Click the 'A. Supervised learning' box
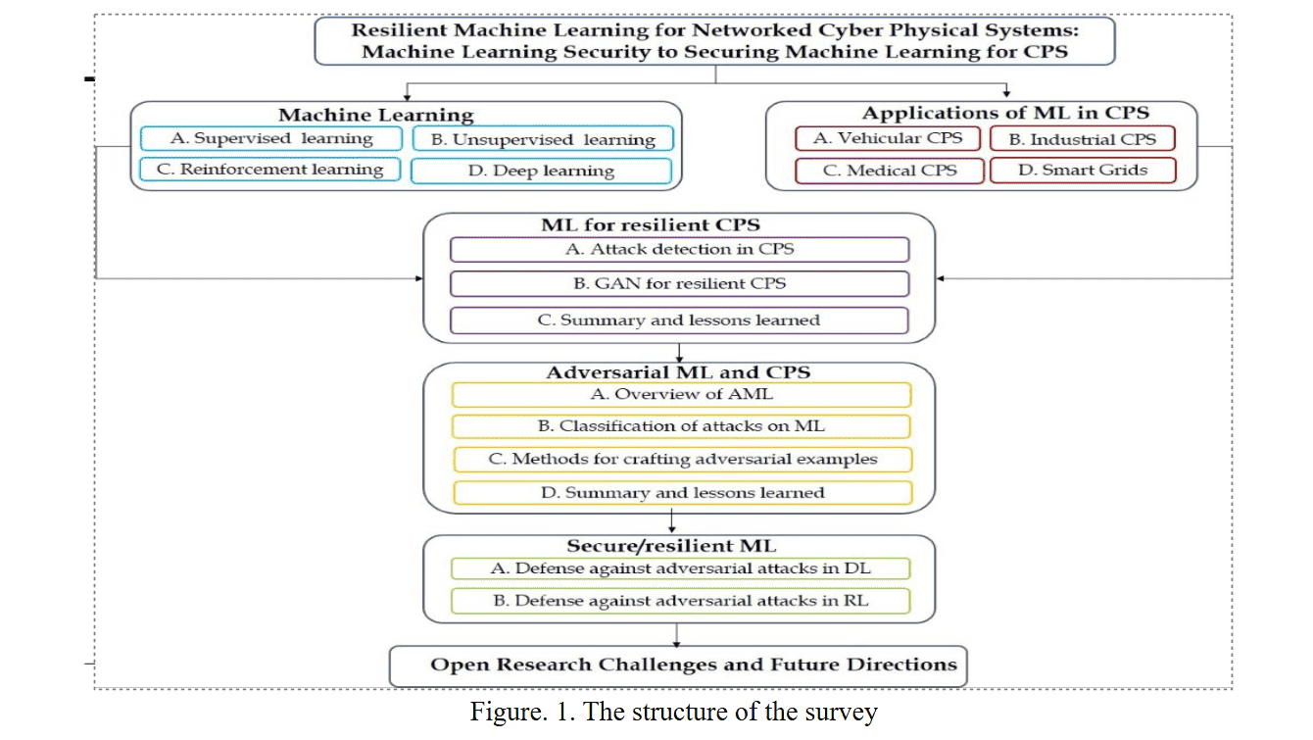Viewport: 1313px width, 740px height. click(271, 138)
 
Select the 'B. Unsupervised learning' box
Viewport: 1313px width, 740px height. click(543, 139)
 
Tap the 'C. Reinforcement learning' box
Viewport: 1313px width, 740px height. click(270, 170)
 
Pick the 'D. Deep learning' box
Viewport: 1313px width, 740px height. click(541, 171)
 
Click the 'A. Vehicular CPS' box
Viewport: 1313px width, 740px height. click(888, 138)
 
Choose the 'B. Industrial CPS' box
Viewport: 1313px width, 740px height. click(1082, 139)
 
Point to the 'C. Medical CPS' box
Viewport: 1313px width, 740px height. click(889, 171)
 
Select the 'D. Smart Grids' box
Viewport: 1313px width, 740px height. click(1082, 171)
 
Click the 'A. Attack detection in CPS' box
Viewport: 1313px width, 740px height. click(679, 249)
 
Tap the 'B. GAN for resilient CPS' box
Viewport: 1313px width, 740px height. click(679, 284)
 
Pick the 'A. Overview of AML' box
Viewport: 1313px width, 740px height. click(681, 394)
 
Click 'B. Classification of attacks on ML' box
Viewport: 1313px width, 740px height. click(681, 426)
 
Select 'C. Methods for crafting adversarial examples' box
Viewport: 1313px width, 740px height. click(681, 459)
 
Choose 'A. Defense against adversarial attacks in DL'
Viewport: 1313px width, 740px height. click(680, 568)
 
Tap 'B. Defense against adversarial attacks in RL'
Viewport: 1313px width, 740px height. click(680, 601)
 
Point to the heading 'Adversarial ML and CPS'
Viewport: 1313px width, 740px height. click(678, 372)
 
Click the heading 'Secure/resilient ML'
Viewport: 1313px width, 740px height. click(678, 546)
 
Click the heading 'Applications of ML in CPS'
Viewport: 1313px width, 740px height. click(1005, 113)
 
